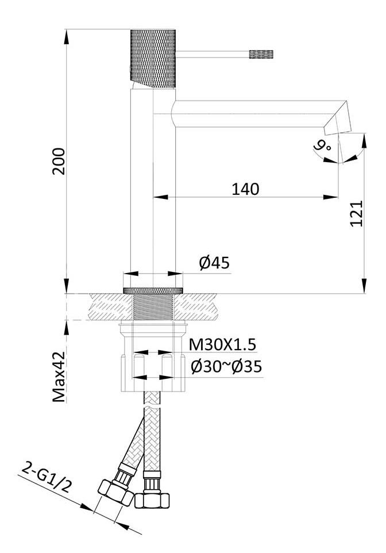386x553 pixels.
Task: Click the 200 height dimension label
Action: click(x=60, y=162)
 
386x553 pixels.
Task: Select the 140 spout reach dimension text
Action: click(x=245, y=189)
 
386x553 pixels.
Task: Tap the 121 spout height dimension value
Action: click(x=357, y=213)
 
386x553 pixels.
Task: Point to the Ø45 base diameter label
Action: click(x=214, y=263)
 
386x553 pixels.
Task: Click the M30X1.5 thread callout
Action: click(x=222, y=344)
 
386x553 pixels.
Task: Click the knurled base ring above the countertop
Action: click(x=153, y=289)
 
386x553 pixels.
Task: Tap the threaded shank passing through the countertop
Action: click(x=153, y=308)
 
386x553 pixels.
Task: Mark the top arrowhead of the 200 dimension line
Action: click(x=67, y=32)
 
